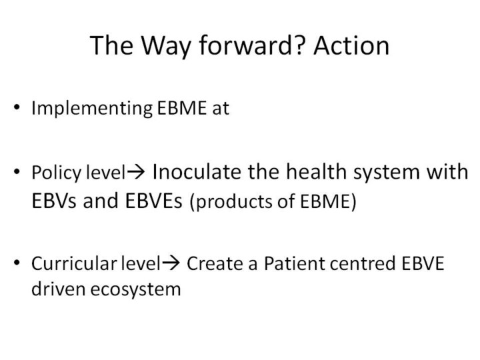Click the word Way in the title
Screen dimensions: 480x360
click(166, 46)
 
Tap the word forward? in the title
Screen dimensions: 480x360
click(253, 45)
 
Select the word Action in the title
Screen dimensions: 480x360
click(351, 45)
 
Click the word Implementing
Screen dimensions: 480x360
click(92, 109)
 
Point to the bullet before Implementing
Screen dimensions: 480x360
click(17, 107)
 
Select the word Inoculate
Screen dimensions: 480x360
click(196, 171)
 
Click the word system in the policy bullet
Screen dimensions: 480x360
click(386, 173)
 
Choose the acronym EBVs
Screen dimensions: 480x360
click(54, 201)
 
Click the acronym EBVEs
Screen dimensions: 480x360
click(154, 201)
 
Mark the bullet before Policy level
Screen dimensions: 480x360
click(17, 172)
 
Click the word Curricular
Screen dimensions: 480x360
click(74, 263)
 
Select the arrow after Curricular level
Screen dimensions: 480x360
click(171, 263)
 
